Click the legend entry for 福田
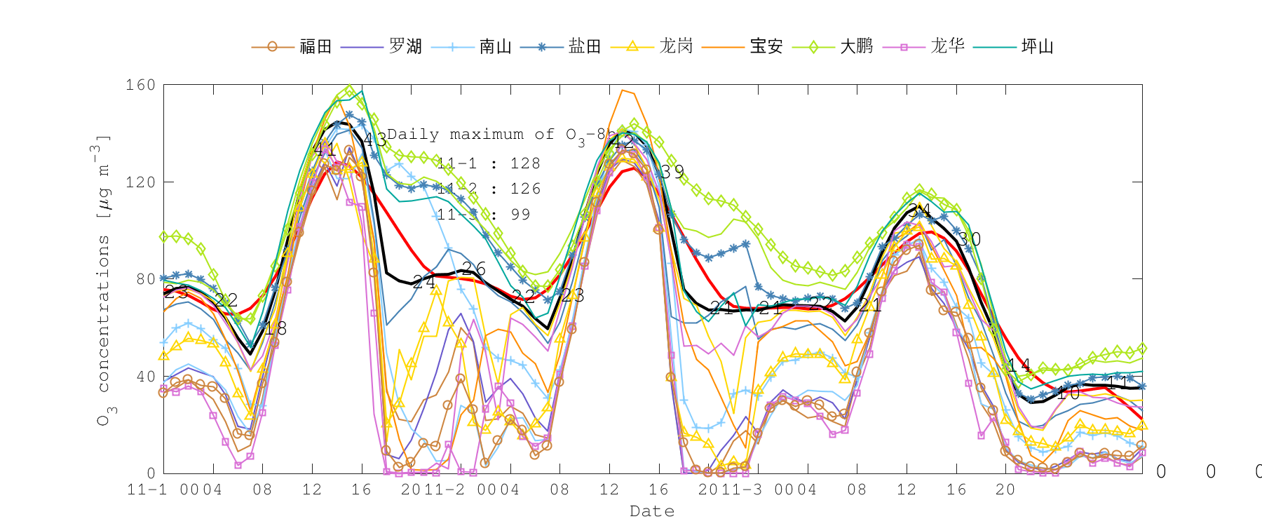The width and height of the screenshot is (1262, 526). pyautogui.click(x=315, y=47)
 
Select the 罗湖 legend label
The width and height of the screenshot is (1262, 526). pyautogui.click(x=405, y=47)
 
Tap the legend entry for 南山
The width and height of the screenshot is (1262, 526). pyautogui.click(x=496, y=47)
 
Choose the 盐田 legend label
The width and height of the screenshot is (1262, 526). pyautogui.click(x=585, y=47)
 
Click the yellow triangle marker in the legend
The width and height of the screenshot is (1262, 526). pyautogui.click(x=632, y=47)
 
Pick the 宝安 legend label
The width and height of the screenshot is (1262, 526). pyautogui.click(x=766, y=47)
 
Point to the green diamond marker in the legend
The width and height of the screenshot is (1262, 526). pyautogui.click(x=813, y=47)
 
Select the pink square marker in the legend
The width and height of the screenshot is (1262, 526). pyautogui.click(x=904, y=47)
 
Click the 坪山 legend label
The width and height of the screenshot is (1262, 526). pyautogui.click(x=1037, y=47)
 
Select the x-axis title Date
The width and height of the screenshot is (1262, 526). pyautogui.click(x=652, y=511)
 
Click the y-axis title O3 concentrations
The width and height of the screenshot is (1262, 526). pyautogui.click(x=104, y=281)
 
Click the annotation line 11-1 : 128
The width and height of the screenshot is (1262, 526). pyautogui.click(x=489, y=163)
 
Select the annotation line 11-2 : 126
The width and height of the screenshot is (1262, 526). pyautogui.click(x=489, y=189)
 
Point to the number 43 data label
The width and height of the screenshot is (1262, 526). pyautogui.click(x=374, y=140)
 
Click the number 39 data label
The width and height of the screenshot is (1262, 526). pyautogui.click(x=672, y=173)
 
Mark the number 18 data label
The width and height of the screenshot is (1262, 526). pyautogui.click(x=275, y=328)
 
